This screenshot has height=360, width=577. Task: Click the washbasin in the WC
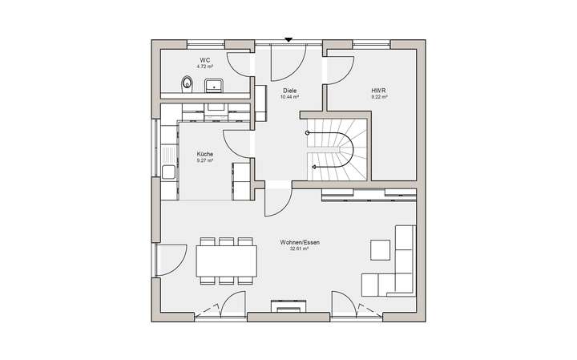215,83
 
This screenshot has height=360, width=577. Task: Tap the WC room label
205,60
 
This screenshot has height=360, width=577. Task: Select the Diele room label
290,91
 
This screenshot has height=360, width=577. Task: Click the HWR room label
379,91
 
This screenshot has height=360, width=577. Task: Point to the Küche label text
205,155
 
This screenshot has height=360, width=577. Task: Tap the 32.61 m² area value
298,249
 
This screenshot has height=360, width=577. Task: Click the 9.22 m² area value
379,97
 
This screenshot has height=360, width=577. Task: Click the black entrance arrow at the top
288,39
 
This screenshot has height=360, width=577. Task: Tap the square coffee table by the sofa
380,250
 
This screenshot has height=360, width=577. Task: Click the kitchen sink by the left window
169,170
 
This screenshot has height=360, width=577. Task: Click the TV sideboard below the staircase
369,192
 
